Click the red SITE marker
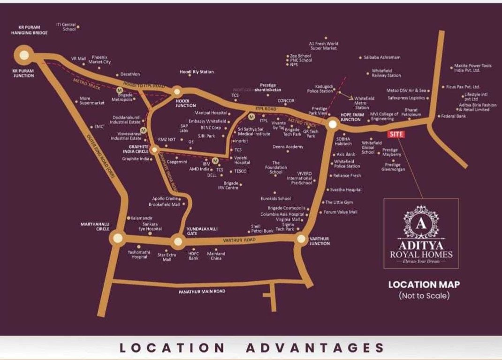click(396, 134)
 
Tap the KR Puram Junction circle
click(24, 55)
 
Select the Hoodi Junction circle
click(177, 92)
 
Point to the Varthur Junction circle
click(301, 239)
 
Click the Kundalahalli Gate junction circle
click(178, 242)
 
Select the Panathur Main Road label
click(202, 291)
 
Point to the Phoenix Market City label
click(99, 60)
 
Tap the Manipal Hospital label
click(211, 113)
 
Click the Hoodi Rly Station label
click(197, 72)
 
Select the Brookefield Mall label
click(164, 205)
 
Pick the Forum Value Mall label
click(341, 212)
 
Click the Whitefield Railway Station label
click(386, 73)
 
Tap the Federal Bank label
click(454, 116)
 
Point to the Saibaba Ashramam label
click(382, 57)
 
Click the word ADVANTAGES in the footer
click(315, 348)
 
